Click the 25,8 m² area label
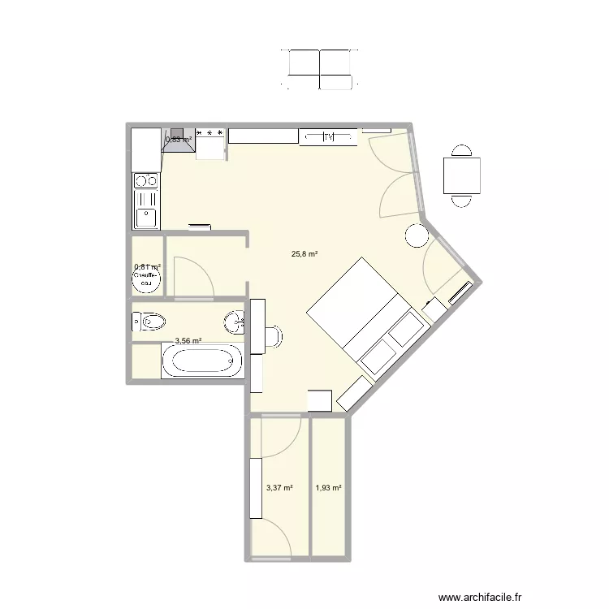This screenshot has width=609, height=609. coord(304,254)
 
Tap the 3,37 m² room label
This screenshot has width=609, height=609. coord(279,488)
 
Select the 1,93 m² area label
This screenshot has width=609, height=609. coord(328,488)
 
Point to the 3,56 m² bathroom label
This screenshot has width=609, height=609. coord(188,342)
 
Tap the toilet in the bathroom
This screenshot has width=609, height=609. coord(149,322)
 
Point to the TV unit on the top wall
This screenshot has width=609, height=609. coord(328,137)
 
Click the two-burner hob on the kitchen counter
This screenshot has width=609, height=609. coord(146,181)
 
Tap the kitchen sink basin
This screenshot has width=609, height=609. coord(146,217)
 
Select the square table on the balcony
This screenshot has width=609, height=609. coord(461,176)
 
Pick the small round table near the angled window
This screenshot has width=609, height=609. coord(416,235)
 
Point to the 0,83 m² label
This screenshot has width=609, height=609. coord(179,139)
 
